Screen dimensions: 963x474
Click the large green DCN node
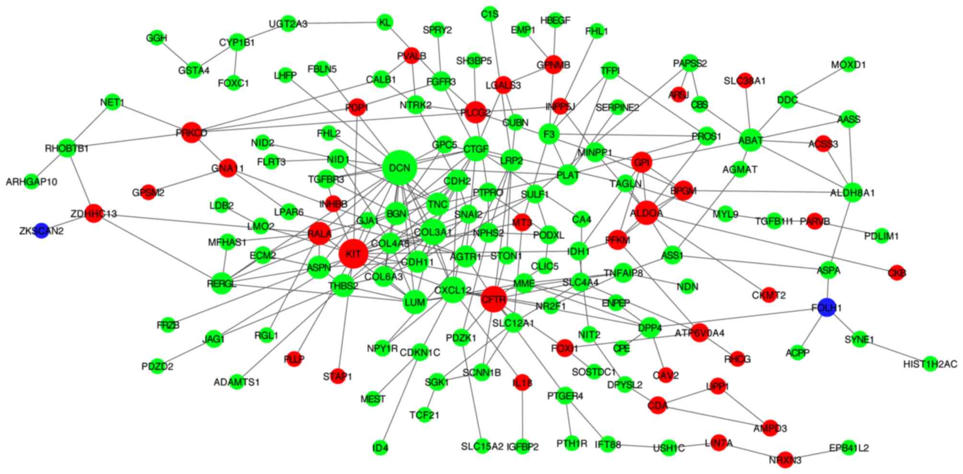(x=399, y=168)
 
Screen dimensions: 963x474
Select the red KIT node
(x=353, y=254)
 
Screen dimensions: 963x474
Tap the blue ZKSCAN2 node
(x=41, y=231)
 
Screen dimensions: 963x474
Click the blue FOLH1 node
(x=827, y=307)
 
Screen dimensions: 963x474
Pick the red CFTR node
(x=493, y=300)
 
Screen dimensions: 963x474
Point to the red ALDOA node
(x=646, y=213)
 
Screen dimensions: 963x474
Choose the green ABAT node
(x=751, y=140)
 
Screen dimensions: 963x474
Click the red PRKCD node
(x=191, y=133)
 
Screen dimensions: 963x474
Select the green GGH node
(x=157, y=38)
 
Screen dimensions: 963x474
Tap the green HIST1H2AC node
(x=930, y=364)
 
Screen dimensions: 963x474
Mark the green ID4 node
(x=380, y=449)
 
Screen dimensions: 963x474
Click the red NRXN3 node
(x=785, y=460)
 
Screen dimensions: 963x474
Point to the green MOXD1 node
(x=848, y=64)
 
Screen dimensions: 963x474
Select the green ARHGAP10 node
(x=32, y=182)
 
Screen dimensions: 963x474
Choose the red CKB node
(x=896, y=273)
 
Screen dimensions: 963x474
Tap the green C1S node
(x=490, y=14)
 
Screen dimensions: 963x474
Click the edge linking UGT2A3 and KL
(x=336, y=23)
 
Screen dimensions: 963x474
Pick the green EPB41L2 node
(x=848, y=448)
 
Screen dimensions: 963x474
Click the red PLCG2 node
(x=475, y=113)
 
